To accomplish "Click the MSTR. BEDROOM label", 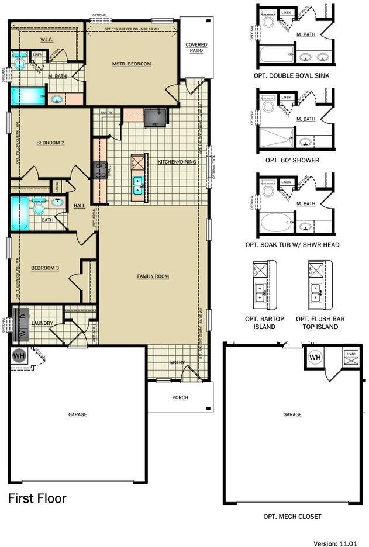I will [132, 64].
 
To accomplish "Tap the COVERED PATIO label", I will [196, 48].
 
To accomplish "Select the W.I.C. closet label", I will [47, 40].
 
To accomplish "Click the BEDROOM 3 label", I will [45, 268].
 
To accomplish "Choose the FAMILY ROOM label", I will [153, 276].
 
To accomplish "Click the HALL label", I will [79, 205].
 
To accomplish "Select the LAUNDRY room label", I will [42, 323].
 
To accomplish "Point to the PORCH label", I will [180, 397].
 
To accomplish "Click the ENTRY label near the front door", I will [177, 362].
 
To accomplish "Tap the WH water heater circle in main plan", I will [19, 355].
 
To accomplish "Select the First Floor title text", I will [37, 498].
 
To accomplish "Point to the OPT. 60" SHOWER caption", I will [292, 160].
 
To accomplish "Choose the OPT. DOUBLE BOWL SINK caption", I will [292, 75].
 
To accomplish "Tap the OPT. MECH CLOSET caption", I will [292, 517].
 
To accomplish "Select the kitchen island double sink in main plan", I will [139, 185].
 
